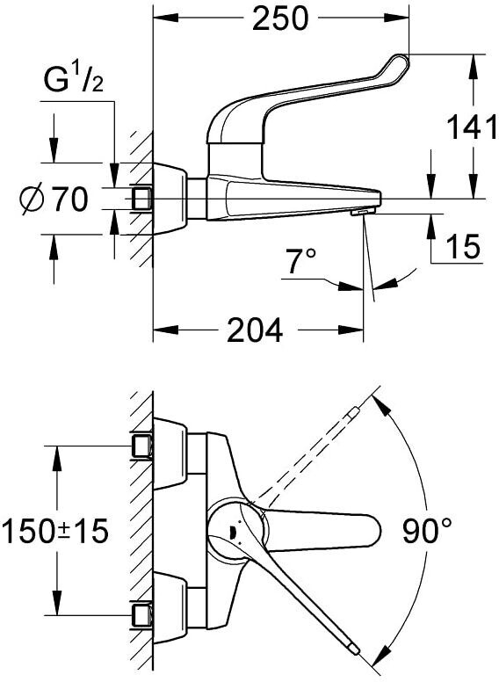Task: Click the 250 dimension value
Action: click(x=280, y=18)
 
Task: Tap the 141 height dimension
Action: click(x=472, y=127)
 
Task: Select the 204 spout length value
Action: click(x=255, y=330)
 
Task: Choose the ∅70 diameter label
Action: click(x=54, y=200)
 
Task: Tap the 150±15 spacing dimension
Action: click(x=54, y=532)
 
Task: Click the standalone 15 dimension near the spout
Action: click(x=463, y=246)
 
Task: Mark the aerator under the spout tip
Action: click(x=363, y=212)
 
